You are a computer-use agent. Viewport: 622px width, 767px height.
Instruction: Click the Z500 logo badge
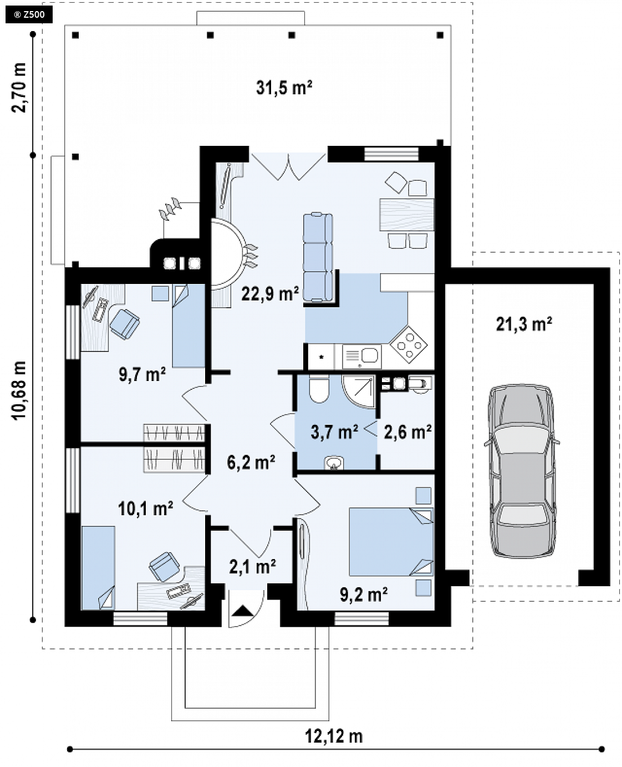(29, 15)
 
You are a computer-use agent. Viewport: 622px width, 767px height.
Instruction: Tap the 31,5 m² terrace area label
(284, 88)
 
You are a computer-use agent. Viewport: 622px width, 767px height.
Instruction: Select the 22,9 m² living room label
(270, 294)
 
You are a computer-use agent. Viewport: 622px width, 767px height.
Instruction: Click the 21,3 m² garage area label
(524, 324)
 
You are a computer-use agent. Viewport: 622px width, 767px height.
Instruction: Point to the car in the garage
(522, 471)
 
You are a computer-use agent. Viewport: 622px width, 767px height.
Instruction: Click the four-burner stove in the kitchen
(409, 344)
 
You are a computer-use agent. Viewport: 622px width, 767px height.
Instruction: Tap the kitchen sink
(361, 356)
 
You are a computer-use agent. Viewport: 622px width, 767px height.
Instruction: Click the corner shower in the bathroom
(359, 392)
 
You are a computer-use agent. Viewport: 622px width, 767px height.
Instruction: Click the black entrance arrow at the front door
(243, 611)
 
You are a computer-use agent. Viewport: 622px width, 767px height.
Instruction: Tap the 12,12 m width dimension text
(334, 736)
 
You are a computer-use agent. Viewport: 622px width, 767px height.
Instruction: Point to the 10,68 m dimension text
(20, 390)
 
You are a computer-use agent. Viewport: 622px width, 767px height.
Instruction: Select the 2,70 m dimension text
(19, 88)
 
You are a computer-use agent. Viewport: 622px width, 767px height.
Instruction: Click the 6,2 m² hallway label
(251, 463)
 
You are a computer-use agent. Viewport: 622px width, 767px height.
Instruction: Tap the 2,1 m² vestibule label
(253, 567)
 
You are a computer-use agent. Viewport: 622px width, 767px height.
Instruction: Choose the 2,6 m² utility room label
(408, 432)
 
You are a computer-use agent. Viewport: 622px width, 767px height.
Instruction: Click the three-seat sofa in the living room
(318, 257)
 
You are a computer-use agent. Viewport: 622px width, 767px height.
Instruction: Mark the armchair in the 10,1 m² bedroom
(165, 566)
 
